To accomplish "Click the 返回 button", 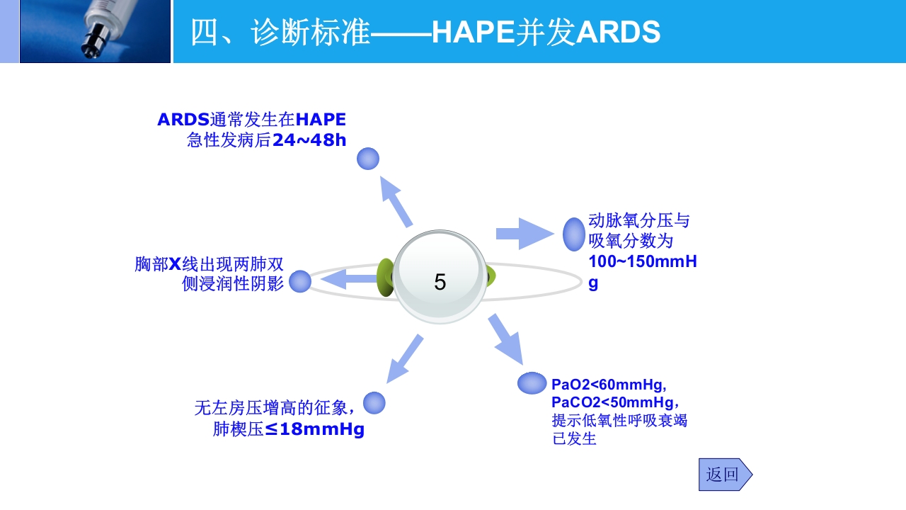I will pyautogui.click(x=723, y=475).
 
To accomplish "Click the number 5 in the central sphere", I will pyautogui.click(x=440, y=283).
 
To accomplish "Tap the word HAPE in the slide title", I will pyautogui.click(x=473, y=33).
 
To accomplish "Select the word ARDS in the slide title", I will pyautogui.click(x=619, y=33).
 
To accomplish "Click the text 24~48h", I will pyautogui.click(x=309, y=140).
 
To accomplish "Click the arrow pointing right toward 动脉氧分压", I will pyautogui.click(x=524, y=233).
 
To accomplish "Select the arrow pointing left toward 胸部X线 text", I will pyautogui.click(x=348, y=279).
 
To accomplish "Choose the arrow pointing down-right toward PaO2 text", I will pyautogui.click(x=505, y=338).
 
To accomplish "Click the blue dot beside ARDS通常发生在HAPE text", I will pyautogui.click(x=368, y=159).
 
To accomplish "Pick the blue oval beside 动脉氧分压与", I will pyautogui.click(x=574, y=234).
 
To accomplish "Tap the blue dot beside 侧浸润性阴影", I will pyautogui.click(x=300, y=281).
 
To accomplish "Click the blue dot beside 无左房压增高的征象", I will pyautogui.click(x=374, y=403).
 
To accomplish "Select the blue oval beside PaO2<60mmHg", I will pyautogui.click(x=532, y=382).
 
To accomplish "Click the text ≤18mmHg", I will pyautogui.click(x=315, y=429).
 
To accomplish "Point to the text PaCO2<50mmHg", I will pyautogui.click(x=607, y=402).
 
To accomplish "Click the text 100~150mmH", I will pyautogui.click(x=642, y=261).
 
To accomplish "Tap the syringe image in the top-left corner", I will pyautogui.click(x=95, y=31).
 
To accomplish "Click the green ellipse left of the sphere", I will pyautogui.click(x=385, y=277).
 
